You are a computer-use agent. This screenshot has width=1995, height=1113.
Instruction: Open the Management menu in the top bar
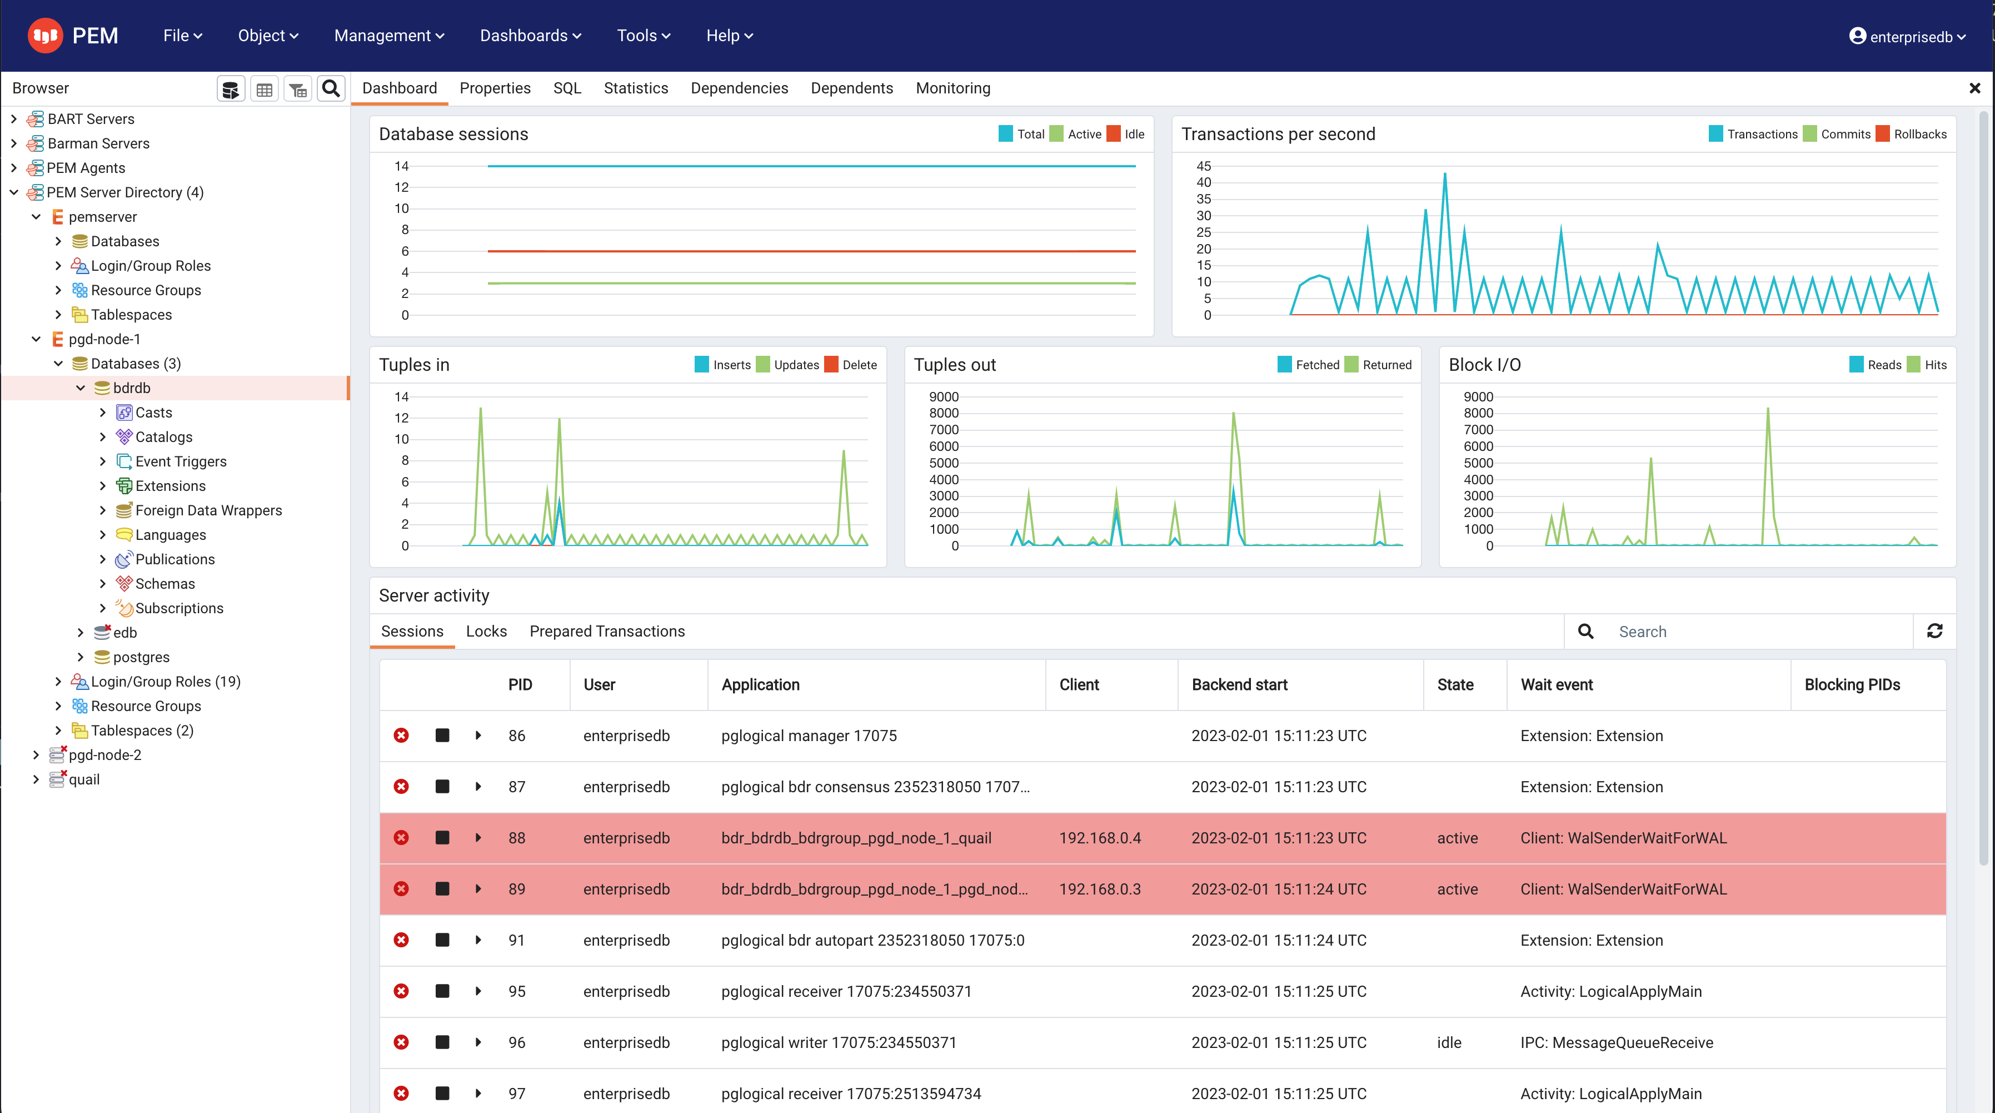[389, 36]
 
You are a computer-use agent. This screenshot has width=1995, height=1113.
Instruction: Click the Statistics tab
[635, 88]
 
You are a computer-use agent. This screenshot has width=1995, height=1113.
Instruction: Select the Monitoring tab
[952, 88]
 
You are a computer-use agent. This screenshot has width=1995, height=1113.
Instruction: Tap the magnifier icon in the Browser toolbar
[331, 89]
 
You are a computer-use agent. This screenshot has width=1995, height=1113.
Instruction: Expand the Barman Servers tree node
[14, 143]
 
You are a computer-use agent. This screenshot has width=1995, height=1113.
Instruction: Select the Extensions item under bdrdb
[171, 486]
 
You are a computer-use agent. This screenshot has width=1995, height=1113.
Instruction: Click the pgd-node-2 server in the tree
[104, 754]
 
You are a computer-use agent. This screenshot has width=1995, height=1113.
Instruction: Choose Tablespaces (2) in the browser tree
[142, 731]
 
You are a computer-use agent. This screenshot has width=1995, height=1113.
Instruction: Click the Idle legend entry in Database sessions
[1133, 134]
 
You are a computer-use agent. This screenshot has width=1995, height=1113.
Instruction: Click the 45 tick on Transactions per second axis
[1204, 166]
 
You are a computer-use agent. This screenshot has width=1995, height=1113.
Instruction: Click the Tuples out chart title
[954, 365]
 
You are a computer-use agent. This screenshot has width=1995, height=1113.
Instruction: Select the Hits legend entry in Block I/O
[1934, 365]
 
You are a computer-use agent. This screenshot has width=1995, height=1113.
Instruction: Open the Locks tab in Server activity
[486, 631]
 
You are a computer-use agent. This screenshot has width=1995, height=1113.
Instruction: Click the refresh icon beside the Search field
[1934, 631]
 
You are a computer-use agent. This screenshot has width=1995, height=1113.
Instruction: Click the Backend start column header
[1239, 685]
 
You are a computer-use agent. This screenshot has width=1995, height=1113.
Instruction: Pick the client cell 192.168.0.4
[1100, 838]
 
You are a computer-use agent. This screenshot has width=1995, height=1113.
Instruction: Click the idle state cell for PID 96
[1449, 1042]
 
